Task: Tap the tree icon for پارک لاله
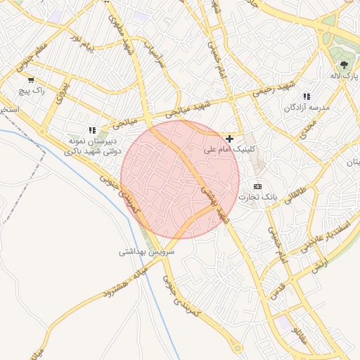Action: tap(344, 64)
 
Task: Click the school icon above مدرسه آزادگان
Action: tap(307, 96)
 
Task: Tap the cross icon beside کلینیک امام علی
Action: tap(230, 139)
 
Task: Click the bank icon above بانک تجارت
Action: tap(257, 186)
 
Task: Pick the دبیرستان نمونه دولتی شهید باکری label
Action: tap(94, 146)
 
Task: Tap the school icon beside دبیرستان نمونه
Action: tap(92, 130)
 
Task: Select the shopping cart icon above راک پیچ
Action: tap(30, 80)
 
